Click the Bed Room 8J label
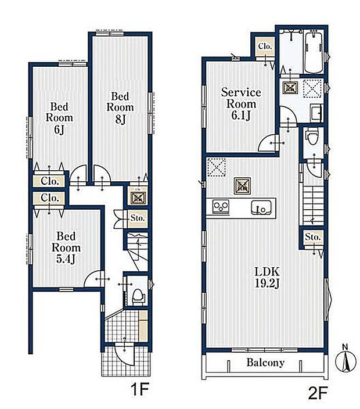coord(120,107)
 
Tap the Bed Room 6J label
coord(59,118)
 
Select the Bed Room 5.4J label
coord(66,247)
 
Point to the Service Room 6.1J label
coord(241,104)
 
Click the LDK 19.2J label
coord(267,278)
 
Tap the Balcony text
coord(265,363)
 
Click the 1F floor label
coord(139,390)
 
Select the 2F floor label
coord(318,394)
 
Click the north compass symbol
coord(345,360)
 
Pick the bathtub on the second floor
coord(314,52)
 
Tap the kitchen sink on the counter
coord(261,208)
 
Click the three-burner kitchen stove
coord(221,207)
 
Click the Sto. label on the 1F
coord(138,218)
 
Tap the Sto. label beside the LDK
coord(312,237)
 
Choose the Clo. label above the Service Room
coord(265,46)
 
